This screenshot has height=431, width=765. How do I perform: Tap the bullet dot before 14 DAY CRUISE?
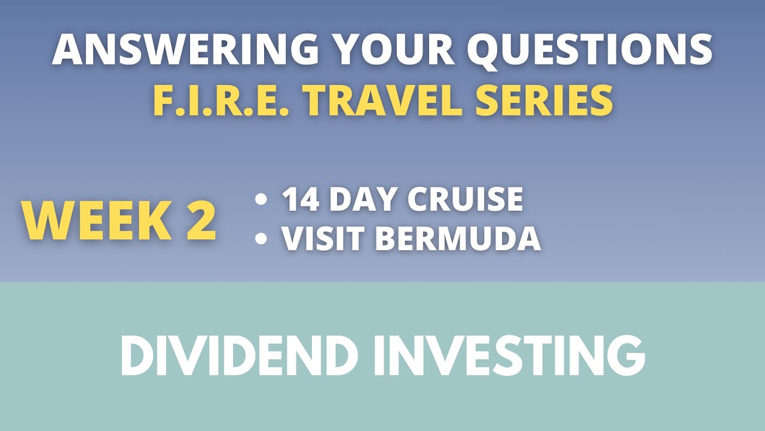pos(261,200)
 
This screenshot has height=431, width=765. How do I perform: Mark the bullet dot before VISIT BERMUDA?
pos(261,239)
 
